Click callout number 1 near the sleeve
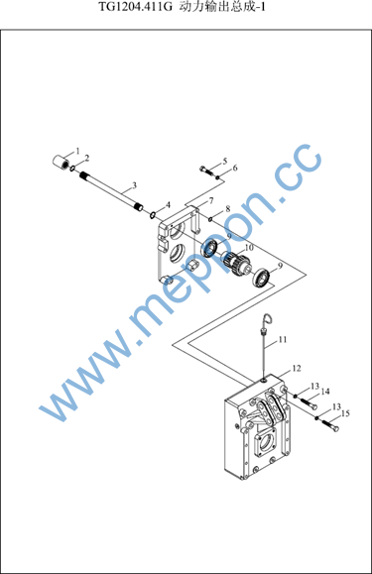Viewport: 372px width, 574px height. click(77, 151)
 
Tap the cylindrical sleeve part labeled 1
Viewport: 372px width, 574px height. click(61, 162)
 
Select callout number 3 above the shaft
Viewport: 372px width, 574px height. click(134, 185)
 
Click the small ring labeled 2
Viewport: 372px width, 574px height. click(72, 168)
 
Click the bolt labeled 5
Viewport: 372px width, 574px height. click(206, 170)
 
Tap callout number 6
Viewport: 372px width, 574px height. click(235, 168)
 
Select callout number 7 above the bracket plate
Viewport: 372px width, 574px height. click(211, 200)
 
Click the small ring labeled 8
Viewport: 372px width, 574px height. click(210, 219)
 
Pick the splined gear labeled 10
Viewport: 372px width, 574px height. click(236, 262)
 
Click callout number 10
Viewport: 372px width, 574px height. click(249, 248)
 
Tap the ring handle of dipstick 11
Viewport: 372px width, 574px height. click(268, 319)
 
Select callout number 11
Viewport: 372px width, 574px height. click(283, 340)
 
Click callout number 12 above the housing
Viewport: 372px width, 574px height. click(297, 368)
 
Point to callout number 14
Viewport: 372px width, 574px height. click(325, 392)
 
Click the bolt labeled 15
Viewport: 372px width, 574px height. click(330, 426)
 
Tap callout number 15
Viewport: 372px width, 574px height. click(345, 413)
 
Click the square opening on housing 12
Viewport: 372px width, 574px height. click(267, 442)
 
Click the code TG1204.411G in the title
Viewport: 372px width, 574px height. click(135, 7)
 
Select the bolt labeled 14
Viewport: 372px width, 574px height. click(310, 403)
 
